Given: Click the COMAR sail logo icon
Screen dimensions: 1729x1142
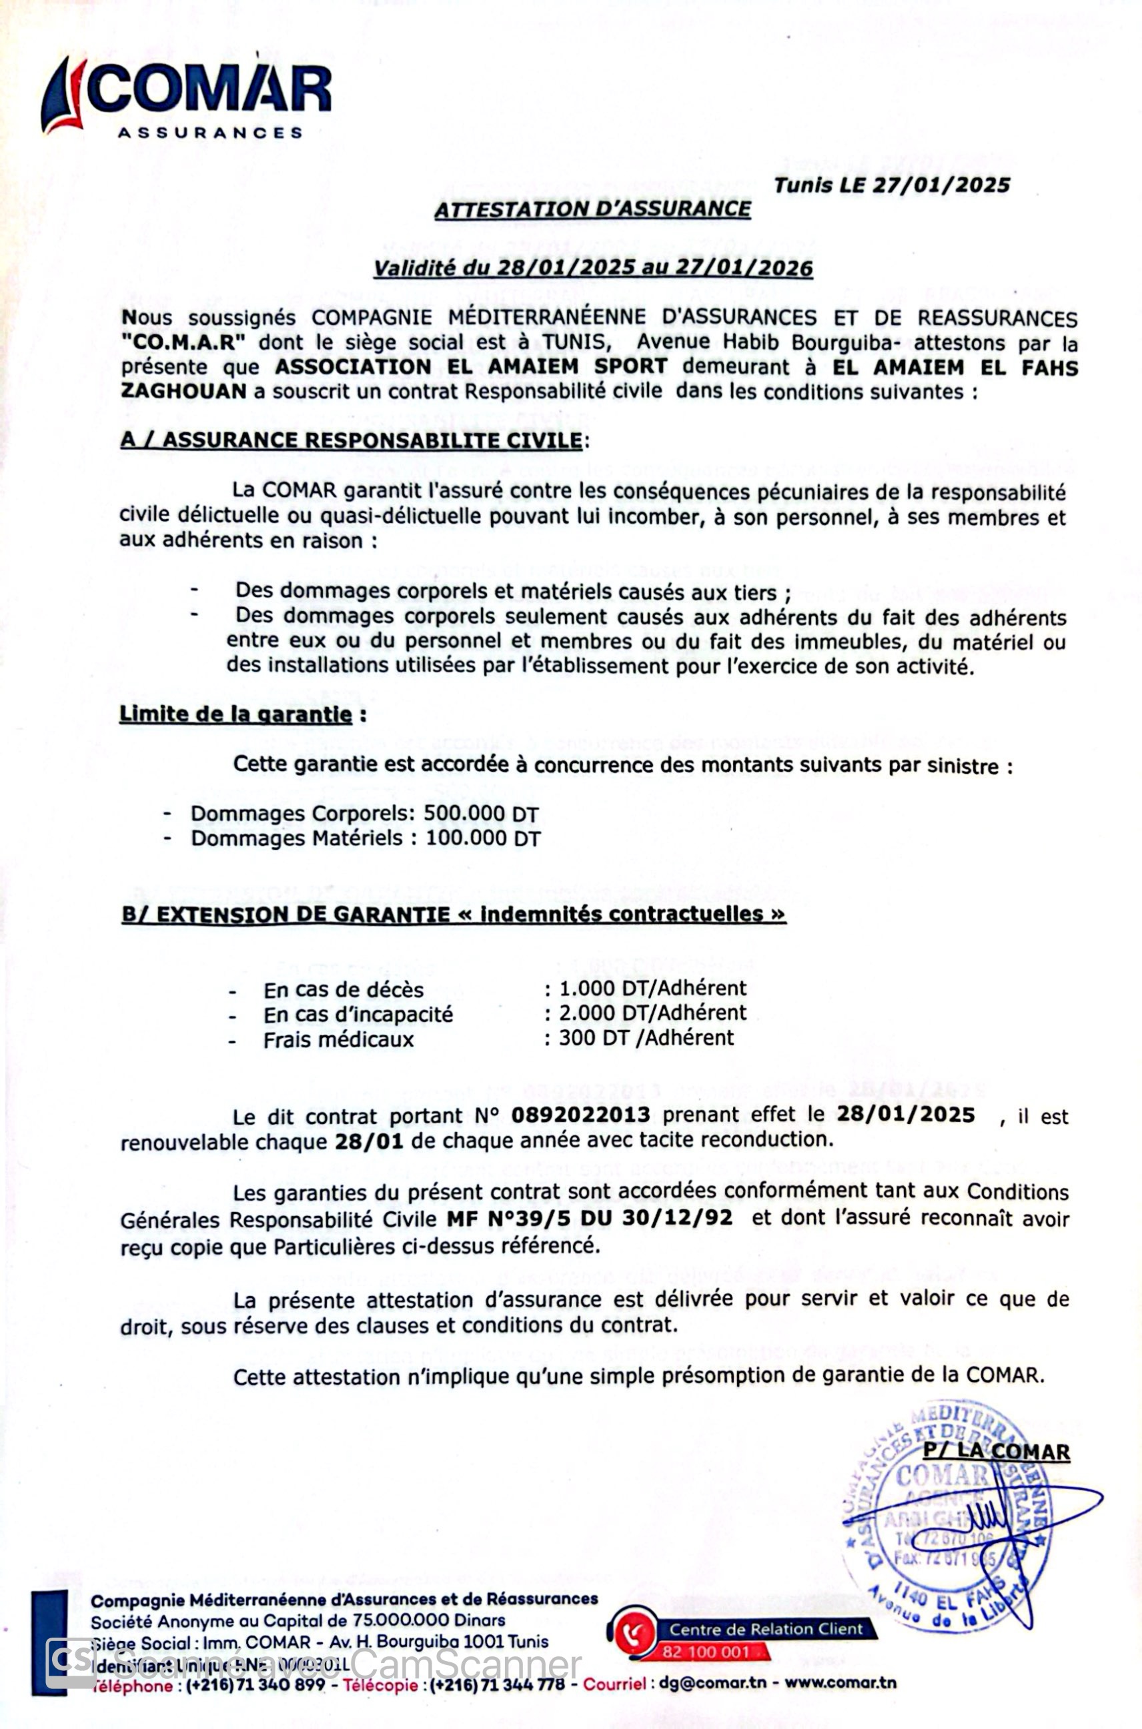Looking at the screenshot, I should point(63,95).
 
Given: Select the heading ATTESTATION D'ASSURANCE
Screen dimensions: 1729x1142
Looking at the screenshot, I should point(592,209).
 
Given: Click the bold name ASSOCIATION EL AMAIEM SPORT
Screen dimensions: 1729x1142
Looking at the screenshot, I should point(470,367).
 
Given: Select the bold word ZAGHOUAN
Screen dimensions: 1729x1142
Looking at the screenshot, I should point(183,391).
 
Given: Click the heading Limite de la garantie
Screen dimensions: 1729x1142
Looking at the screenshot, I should point(236,714).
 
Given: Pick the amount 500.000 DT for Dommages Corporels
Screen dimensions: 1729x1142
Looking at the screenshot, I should point(482,814).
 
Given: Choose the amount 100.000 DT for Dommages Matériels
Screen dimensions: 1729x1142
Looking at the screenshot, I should point(483,838).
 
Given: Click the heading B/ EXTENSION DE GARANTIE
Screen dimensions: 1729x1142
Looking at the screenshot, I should point(453,914).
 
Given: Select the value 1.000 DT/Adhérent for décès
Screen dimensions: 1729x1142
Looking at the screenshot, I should point(652,989).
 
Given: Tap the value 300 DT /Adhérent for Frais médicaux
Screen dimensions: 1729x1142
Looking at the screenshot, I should point(646,1038).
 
